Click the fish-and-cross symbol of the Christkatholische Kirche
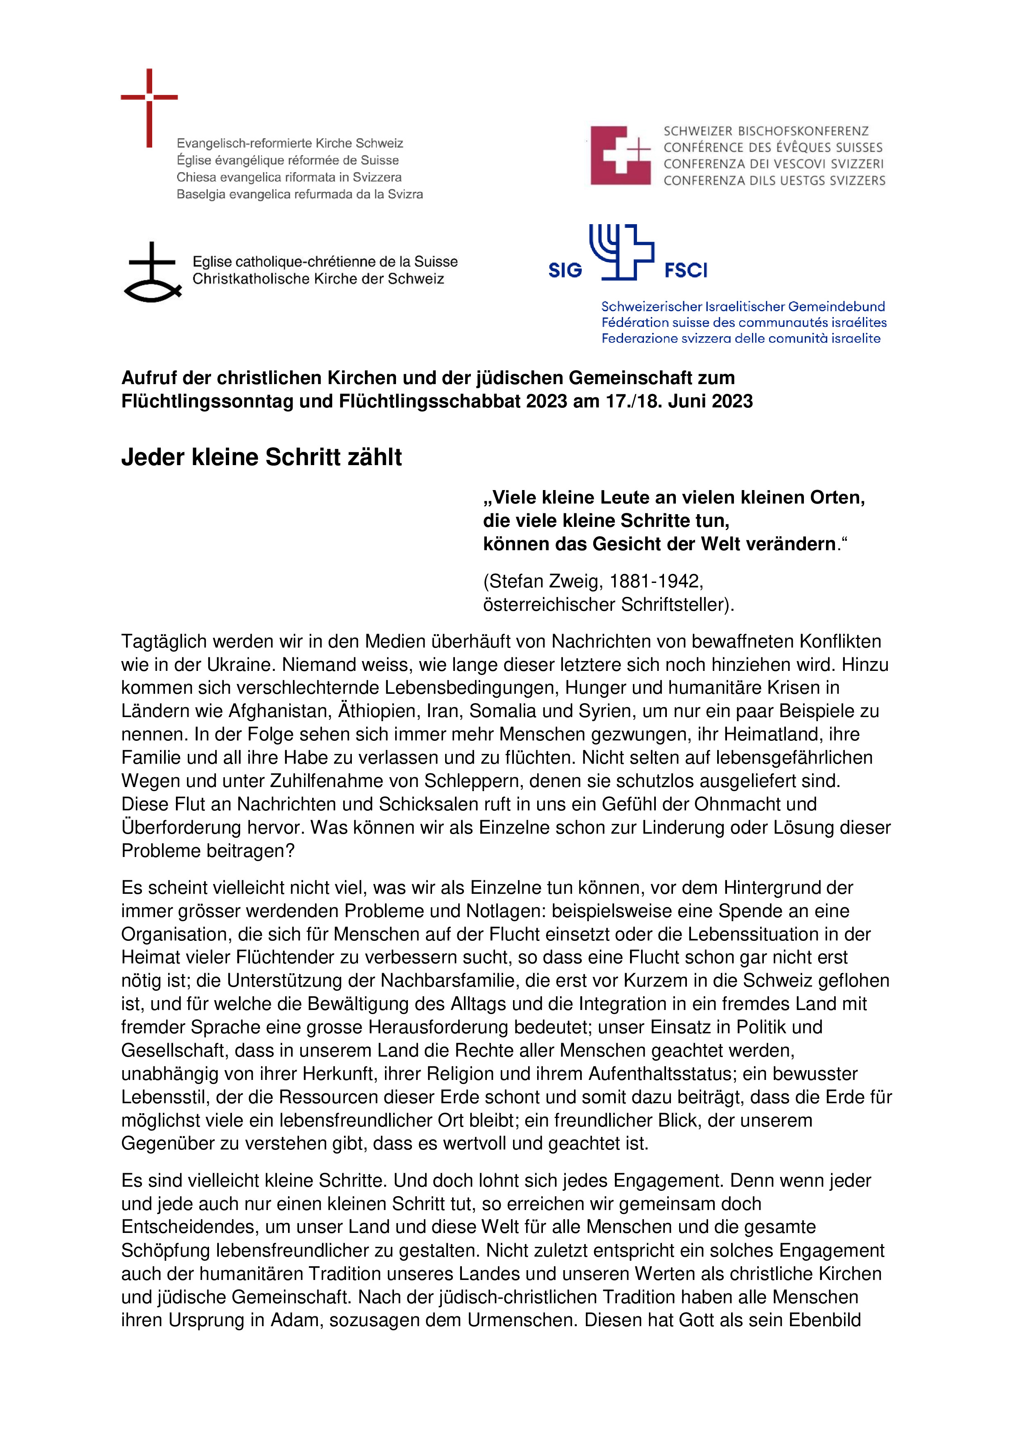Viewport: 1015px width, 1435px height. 153,273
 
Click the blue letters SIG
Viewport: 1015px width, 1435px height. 565,271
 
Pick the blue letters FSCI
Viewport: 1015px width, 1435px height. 686,271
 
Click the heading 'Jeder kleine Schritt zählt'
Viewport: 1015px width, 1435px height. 261,457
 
